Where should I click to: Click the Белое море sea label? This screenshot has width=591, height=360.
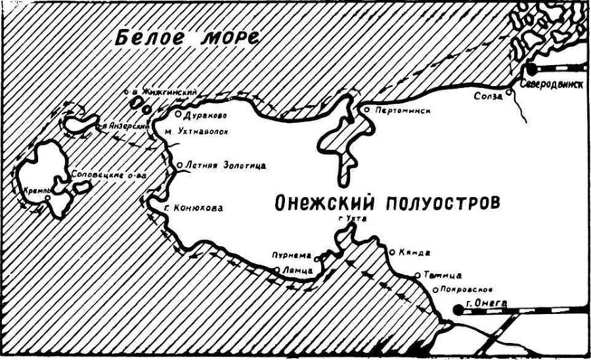pyautogui.click(x=186, y=37)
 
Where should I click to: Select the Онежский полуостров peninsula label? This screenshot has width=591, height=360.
pyautogui.click(x=387, y=202)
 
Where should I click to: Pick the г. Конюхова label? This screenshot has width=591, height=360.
pyautogui.click(x=192, y=208)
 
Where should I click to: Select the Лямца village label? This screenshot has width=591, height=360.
pyautogui.click(x=293, y=269)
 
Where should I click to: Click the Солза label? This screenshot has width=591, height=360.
pyautogui.click(x=488, y=96)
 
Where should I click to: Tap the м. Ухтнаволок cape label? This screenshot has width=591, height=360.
pyautogui.click(x=197, y=131)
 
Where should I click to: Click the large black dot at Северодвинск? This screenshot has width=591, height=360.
pyautogui.click(x=530, y=69)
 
